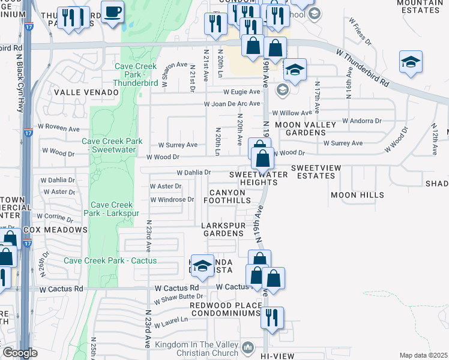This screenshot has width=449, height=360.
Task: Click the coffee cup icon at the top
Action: click(x=112, y=12)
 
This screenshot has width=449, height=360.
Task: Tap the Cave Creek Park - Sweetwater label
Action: click(x=112, y=145)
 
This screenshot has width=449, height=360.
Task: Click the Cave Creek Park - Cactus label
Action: click(x=110, y=260)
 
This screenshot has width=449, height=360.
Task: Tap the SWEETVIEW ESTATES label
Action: click(x=313, y=172)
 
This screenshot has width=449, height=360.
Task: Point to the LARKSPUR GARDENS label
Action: click(x=223, y=229)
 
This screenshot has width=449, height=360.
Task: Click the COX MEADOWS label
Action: click(x=55, y=230)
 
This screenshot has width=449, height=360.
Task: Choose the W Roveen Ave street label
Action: click(x=59, y=129)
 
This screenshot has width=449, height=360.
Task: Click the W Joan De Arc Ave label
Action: click(x=232, y=103)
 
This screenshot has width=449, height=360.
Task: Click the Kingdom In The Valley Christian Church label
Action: click(x=197, y=349)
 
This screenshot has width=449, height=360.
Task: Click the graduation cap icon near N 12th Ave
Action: click(x=411, y=62)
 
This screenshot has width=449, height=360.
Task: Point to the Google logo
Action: click(x=20, y=353)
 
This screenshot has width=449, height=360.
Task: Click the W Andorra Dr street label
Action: click(x=362, y=121)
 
